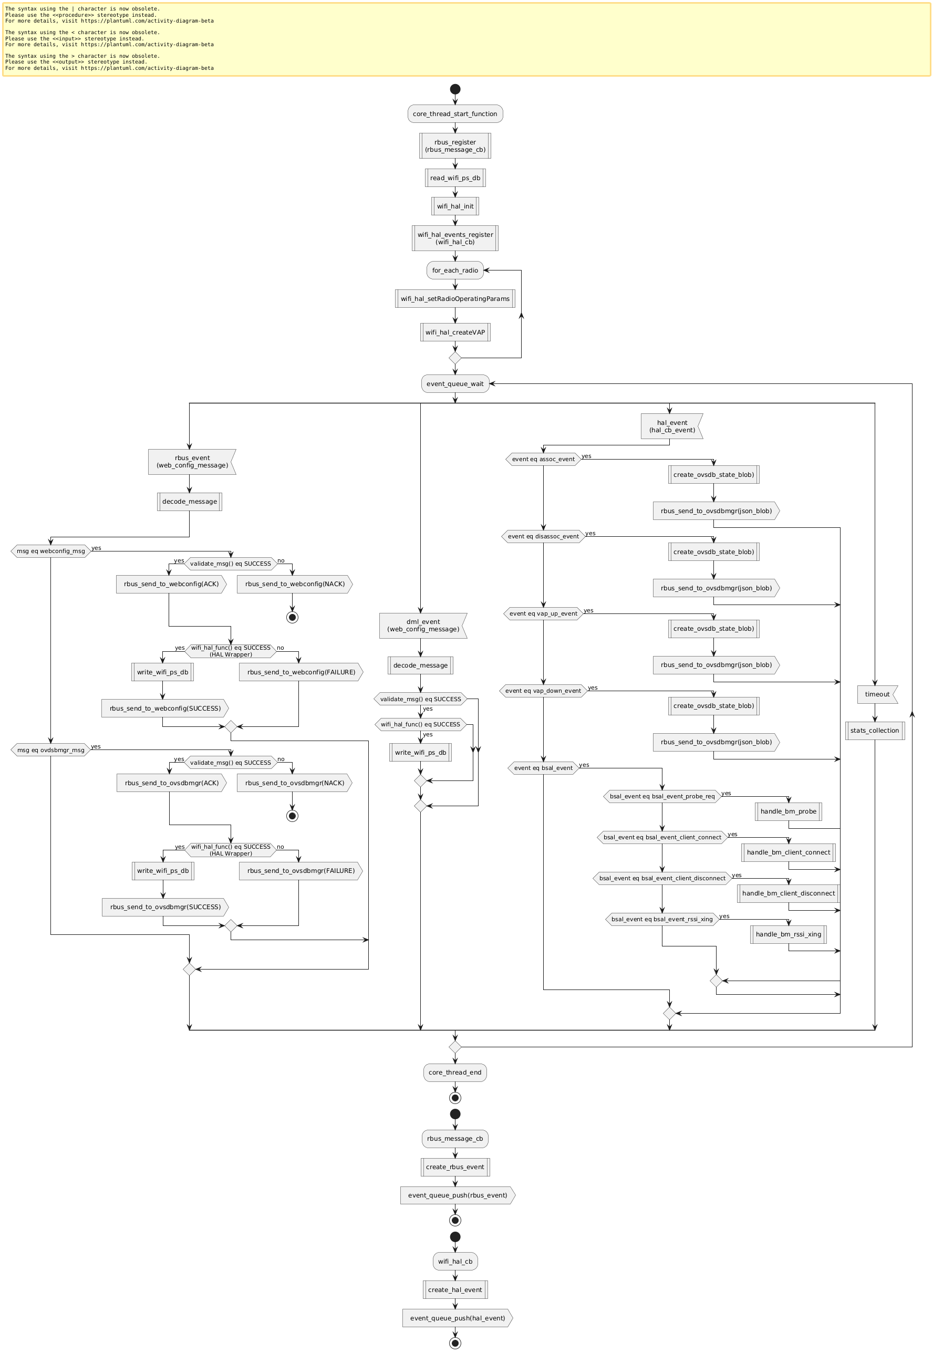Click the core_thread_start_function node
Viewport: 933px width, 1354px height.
(455, 114)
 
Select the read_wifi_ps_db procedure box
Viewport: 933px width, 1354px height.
(455, 178)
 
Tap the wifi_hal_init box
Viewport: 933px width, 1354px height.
(455, 206)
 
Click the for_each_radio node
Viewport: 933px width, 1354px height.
(455, 270)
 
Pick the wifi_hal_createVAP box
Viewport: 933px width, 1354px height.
(455, 332)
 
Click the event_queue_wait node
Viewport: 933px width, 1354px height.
(455, 384)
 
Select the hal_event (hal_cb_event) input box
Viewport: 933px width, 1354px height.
(671, 426)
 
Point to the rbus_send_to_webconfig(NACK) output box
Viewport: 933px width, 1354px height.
(294, 584)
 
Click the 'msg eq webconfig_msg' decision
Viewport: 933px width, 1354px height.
(51, 551)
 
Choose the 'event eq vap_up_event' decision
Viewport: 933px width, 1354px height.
(543, 613)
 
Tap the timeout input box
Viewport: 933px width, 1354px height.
(877, 694)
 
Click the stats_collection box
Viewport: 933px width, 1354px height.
(875, 731)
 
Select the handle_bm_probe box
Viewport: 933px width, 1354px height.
(788, 811)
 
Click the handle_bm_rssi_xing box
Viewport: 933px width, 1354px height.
(788, 934)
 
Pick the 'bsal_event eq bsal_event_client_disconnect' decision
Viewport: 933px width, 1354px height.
(662, 878)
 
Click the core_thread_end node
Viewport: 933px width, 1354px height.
(455, 1072)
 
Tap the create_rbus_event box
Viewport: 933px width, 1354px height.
(455, 1167)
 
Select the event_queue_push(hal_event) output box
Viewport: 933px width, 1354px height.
(457, 1318)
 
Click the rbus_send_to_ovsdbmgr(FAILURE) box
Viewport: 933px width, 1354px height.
(300, 871)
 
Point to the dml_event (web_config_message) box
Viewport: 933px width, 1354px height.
(423, 626)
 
